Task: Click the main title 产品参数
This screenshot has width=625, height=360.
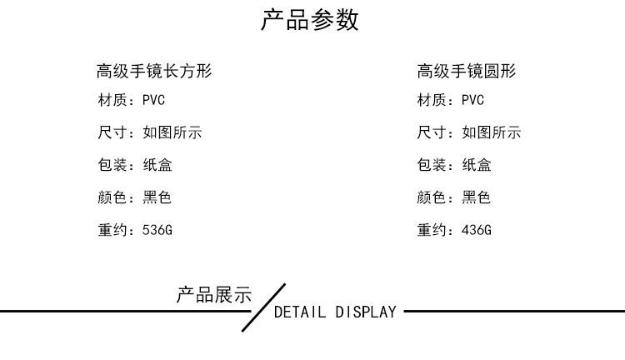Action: [x=310, y=20]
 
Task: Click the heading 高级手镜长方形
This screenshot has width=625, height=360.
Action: [x=154, y=72]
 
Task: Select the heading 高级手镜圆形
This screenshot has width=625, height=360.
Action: [x=467, y=72]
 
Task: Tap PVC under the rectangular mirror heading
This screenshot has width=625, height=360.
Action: [x=154, y=101]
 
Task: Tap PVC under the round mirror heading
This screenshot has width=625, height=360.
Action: [x=472, y=101]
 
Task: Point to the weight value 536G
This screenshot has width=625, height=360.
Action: [x=157, y=230]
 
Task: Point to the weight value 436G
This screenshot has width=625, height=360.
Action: [x=476, y=230]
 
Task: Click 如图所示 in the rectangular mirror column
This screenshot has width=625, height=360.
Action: [x=172, y=132]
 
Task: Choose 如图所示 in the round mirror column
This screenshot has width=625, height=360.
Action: [x=491, y=132]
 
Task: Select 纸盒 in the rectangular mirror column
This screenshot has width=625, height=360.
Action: [x=157, y=165]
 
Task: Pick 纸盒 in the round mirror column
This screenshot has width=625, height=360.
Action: [x=477, y=165]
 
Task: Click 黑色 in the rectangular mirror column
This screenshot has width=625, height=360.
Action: [x=157, y=197]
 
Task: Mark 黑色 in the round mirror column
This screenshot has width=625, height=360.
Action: [x=477, y=197]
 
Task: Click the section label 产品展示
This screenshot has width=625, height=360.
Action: [x=213, y=295]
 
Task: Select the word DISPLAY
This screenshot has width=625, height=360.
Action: [x=366, y=312]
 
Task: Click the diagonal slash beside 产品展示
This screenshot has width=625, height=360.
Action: [x=263, y=307]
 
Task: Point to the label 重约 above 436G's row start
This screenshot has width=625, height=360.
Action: [x=431, y=230]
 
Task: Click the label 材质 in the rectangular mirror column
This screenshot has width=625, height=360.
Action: [x=112, y=101]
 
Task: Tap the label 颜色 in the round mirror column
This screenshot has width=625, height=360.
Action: [x=431, y=197]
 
